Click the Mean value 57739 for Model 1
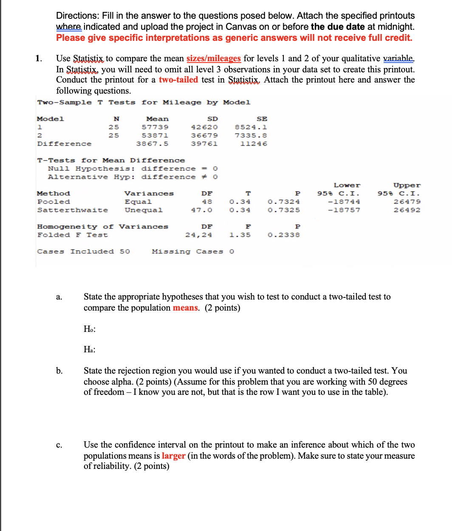(155, 127)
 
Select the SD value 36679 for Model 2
(204, 136)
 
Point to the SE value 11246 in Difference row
(253, 144)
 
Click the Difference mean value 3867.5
(152, 144)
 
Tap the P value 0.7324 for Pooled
(283, 202)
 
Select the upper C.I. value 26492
(407, 210)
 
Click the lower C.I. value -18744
(344, 202)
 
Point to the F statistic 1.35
(240, 235)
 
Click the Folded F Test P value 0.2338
(283, 235)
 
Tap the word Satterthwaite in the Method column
(72, 210)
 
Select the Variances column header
(149, 194)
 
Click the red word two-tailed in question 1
(178, 80)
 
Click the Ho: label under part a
(90, 329)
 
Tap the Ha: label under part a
(90, 350)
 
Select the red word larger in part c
(173, 456)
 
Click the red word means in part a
(186, 308)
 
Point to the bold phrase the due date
(337, 27)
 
